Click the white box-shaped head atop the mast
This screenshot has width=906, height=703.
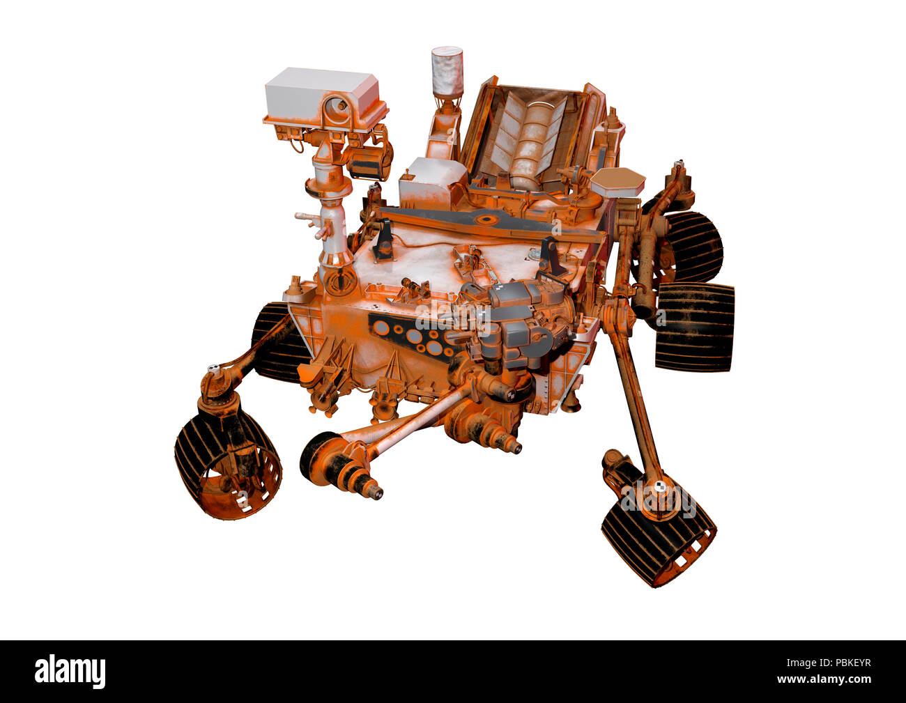coord(322,94)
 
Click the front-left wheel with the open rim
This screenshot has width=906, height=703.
coord(227,460)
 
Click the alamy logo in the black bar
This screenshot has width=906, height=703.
coord(70,671)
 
